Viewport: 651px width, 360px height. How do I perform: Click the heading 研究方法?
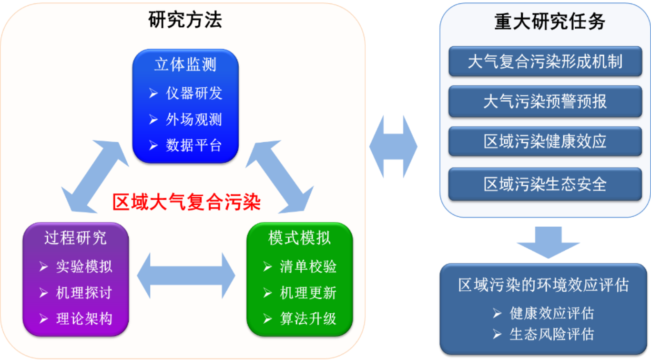(185, 20)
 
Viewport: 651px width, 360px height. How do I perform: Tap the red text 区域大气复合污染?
(186, 202)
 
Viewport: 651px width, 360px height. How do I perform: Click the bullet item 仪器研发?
(193, 93)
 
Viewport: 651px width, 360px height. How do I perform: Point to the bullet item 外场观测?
(193, 119)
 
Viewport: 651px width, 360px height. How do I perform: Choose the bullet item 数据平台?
(193, 145)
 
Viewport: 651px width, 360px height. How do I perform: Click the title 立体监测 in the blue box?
(185, 64)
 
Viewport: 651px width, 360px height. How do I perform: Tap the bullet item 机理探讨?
(84, 292)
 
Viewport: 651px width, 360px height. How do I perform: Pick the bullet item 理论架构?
(84, 318)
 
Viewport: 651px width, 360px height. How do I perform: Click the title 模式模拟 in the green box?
(299, 237)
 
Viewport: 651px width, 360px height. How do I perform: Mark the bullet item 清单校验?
(308, 266)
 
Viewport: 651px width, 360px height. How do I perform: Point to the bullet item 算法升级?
(308, 318)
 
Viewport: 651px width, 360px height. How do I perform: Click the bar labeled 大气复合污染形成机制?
(545, 61)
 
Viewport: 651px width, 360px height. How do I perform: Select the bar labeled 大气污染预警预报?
(545, 101)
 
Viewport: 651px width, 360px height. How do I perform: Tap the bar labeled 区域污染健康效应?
(545, 141)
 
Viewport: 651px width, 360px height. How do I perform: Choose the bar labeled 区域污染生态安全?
(545, 184)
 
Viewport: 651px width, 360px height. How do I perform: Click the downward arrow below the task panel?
(548, 241)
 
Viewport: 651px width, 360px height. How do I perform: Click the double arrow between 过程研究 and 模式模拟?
(186, 275)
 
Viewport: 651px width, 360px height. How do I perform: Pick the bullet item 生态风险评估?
(551, 334)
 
